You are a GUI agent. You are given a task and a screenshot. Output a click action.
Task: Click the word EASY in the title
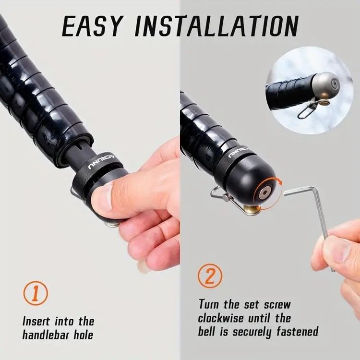click(92, 26)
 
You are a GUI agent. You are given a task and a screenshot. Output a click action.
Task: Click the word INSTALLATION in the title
click(216, 26)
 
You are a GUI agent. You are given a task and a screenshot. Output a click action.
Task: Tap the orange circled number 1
click(36, 293)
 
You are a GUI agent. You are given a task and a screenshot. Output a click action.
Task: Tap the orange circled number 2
click(210, 276)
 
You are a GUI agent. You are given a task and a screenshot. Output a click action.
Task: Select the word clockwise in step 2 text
click(221, 318)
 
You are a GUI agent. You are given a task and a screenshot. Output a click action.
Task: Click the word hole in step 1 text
click(84, 335)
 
